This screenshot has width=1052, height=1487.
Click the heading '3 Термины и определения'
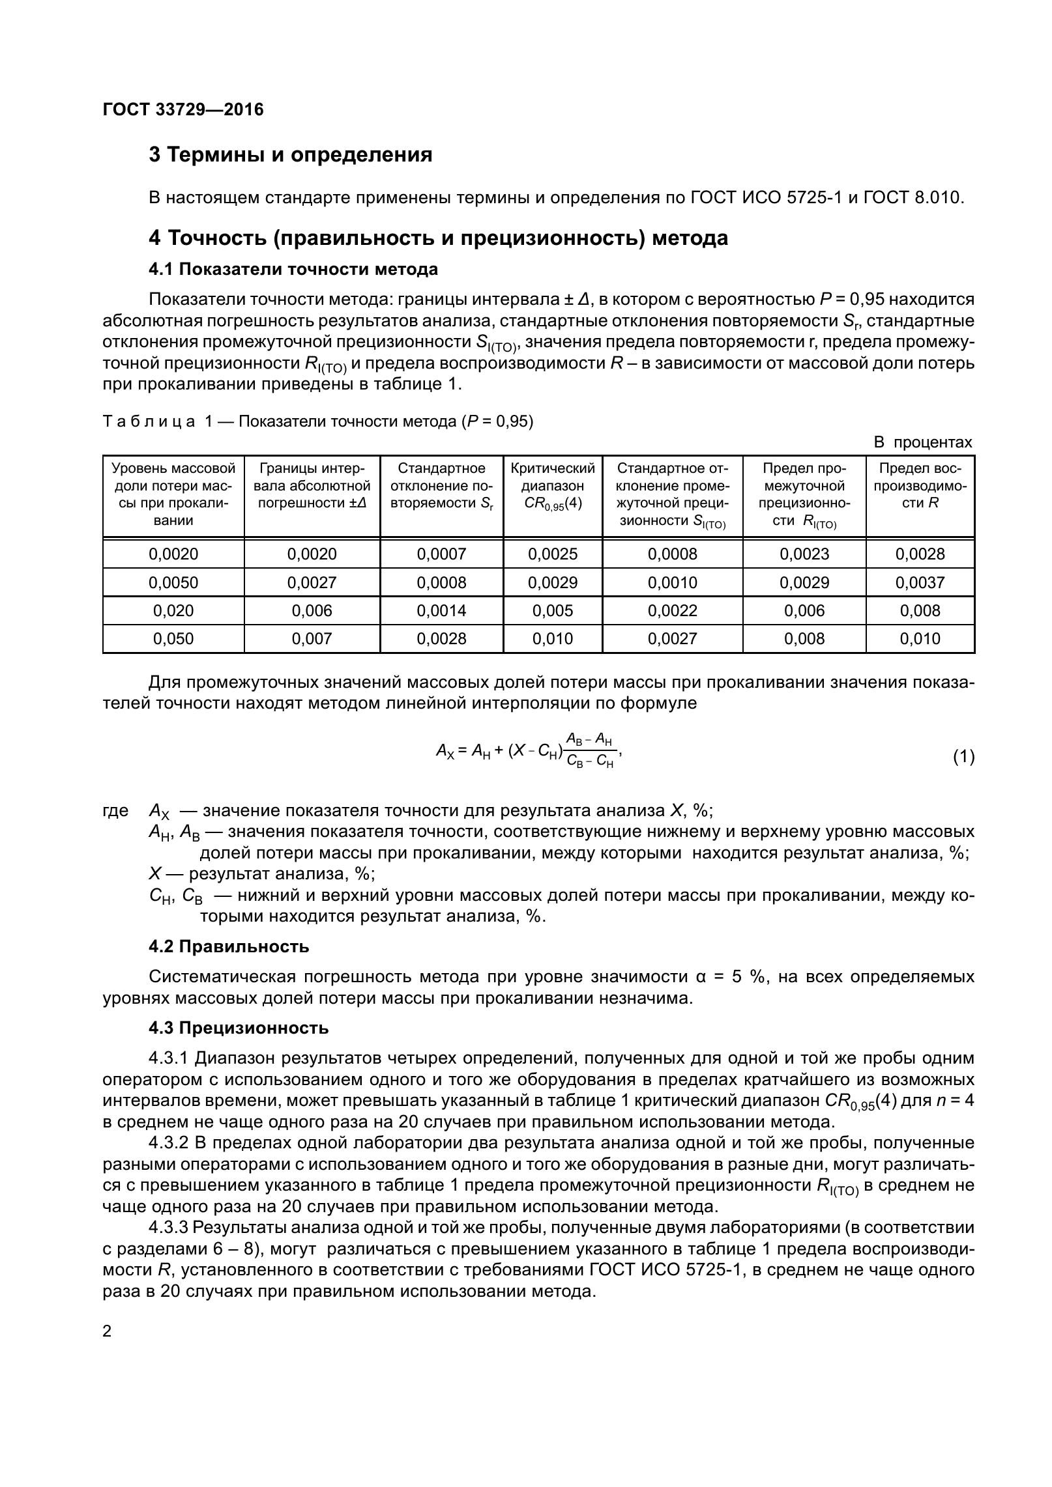pyautogui.click(x=291, y=155)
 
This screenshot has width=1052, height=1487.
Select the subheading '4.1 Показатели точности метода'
pyautogui.click(x=293, y=269)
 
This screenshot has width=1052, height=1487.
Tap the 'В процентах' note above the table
pyautogui.click(x=922, y=443)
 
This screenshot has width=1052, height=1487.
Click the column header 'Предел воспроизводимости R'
pyautogui.click(x=920, y=486)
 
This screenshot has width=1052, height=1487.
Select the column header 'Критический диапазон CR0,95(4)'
pyautogui.click(x=553, y=486)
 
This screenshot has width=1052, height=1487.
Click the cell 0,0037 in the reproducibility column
pyautogui.click(x=920, y=582)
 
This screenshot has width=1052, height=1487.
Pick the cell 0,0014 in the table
pyautogui.click(x=441, y=611)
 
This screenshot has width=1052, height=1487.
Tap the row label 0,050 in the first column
pyautogui.click(x=173, y=639)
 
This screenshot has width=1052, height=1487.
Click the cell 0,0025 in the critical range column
pyautogui.click(x=553, y=554)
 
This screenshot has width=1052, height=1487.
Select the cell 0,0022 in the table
pyautogui.click(x=672, y=611)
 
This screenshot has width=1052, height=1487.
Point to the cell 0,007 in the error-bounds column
pyautogui.click(x=312, y=639)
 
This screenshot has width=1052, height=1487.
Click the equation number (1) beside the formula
pyautogui.click(x=963, y=758)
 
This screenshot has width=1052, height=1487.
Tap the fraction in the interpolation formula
pyautogui.click(x=590, y=750)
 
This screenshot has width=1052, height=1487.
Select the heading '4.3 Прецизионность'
pyautogui.click(x=239, y=1028)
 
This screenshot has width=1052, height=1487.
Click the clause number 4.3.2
pyautogui.click(x=169, y=1143)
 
